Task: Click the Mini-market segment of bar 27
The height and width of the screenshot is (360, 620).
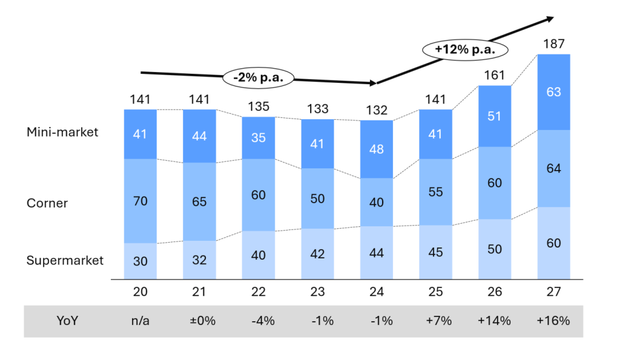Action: [554, 92]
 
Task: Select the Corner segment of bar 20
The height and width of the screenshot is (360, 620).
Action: [140, 201]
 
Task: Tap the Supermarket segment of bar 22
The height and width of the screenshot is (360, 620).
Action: [259, 255]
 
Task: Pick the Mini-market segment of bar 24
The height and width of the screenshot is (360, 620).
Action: [377, 149]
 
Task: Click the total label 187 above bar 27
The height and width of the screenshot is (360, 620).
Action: [554, 44]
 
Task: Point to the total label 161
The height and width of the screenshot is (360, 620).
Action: [495, 76]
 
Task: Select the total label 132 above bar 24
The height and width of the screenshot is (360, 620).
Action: [377, 110]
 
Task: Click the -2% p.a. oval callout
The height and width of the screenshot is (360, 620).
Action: [259, 77]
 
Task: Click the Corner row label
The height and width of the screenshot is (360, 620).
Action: [47, 203]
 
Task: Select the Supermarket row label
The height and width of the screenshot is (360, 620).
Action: [65, 261]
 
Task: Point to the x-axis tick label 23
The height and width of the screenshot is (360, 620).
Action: [317, 292]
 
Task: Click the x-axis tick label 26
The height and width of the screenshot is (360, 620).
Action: [495, 292]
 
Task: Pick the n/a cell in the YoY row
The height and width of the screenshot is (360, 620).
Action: [140, 321]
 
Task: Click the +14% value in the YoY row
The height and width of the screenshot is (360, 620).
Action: [495, 321]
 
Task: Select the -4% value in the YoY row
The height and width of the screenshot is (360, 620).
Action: [259, 321]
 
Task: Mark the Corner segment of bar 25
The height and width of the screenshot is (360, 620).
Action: [435, 192]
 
